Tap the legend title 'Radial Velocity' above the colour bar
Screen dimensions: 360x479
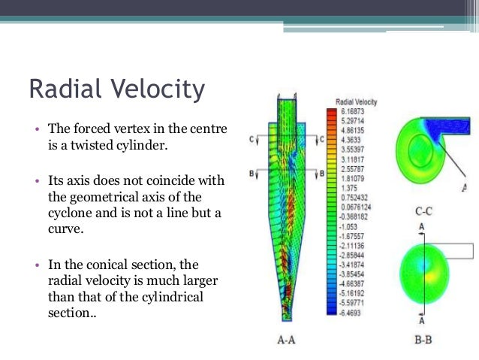(356, 101)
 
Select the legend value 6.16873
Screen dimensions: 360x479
(351, 110)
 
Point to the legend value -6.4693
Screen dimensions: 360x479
(349, 311)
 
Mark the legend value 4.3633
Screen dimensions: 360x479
(348, 139)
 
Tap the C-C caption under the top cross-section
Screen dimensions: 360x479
(423, 213)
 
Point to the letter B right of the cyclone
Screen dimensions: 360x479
(322, 174)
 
